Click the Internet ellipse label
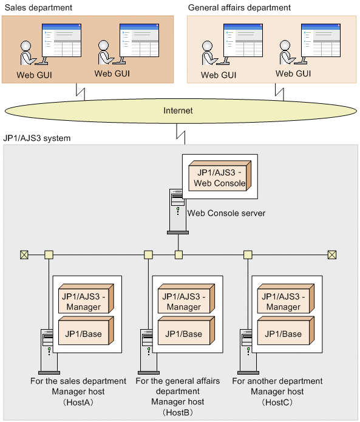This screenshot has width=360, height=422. point(178,111)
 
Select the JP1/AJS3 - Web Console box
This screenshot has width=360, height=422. point(220,176)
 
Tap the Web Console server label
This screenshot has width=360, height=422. point(226,213)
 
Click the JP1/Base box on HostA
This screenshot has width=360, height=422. point(86,330)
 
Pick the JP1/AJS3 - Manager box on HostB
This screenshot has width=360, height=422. point(186,299)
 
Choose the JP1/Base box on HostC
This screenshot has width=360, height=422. point(286,330)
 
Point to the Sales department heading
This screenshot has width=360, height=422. point(38,7)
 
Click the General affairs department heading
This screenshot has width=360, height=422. point(239,7)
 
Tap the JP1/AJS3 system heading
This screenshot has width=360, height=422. point(37,138)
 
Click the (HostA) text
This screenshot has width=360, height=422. point(78,403)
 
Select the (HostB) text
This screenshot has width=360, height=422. point(178,412)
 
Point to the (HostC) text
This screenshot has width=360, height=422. point(277,403)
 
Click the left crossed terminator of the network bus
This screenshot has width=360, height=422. point(24,254)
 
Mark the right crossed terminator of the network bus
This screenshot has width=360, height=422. point(332,254)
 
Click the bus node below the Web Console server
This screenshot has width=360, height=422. point(178,254)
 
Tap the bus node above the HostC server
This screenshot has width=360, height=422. point(248,254)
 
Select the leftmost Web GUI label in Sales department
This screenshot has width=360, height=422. point(34,75)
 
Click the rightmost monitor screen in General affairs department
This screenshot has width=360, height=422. point(321,40)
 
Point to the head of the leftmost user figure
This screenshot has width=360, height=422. point(26,46)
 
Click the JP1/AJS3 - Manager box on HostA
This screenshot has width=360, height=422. point(86,299)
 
